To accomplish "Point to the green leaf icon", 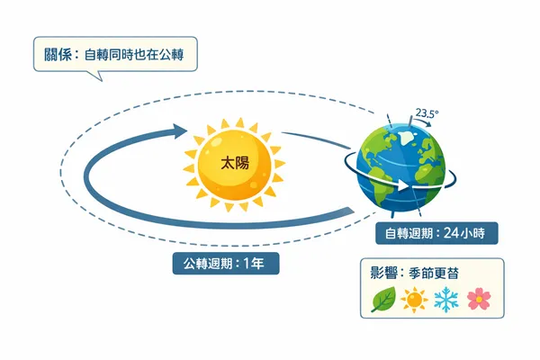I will pos(383,299).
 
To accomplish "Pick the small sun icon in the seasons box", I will pos(414,300).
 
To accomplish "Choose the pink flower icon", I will pos(477,299).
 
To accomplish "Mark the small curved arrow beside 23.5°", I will pos(440,127).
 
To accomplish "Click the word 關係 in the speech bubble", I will pos(57,54).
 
